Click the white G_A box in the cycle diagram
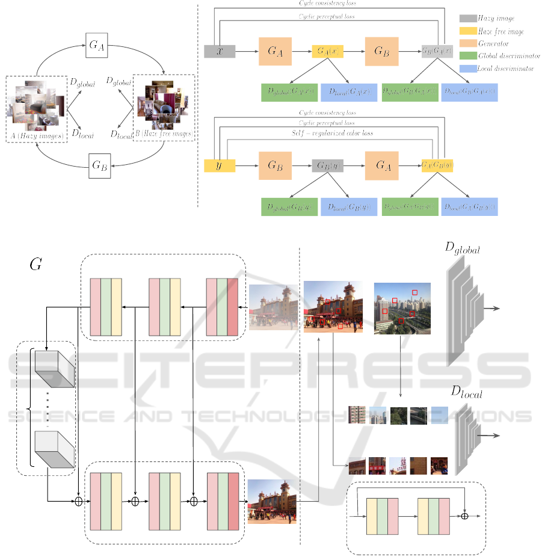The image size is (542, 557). (96, 46)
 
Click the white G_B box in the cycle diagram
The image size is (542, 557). (100, 166)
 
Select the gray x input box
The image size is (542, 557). (220, 51)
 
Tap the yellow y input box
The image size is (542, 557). (220, 165)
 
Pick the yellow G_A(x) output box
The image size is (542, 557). (328, 51)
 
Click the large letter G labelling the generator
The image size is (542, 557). (35, 263)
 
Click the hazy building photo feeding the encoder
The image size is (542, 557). (274, 307)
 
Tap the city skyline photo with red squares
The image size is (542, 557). (402, 308)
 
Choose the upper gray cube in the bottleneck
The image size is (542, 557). (54, 368)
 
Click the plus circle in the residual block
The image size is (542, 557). (464, 515)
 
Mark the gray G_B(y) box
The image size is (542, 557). (328, 165)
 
